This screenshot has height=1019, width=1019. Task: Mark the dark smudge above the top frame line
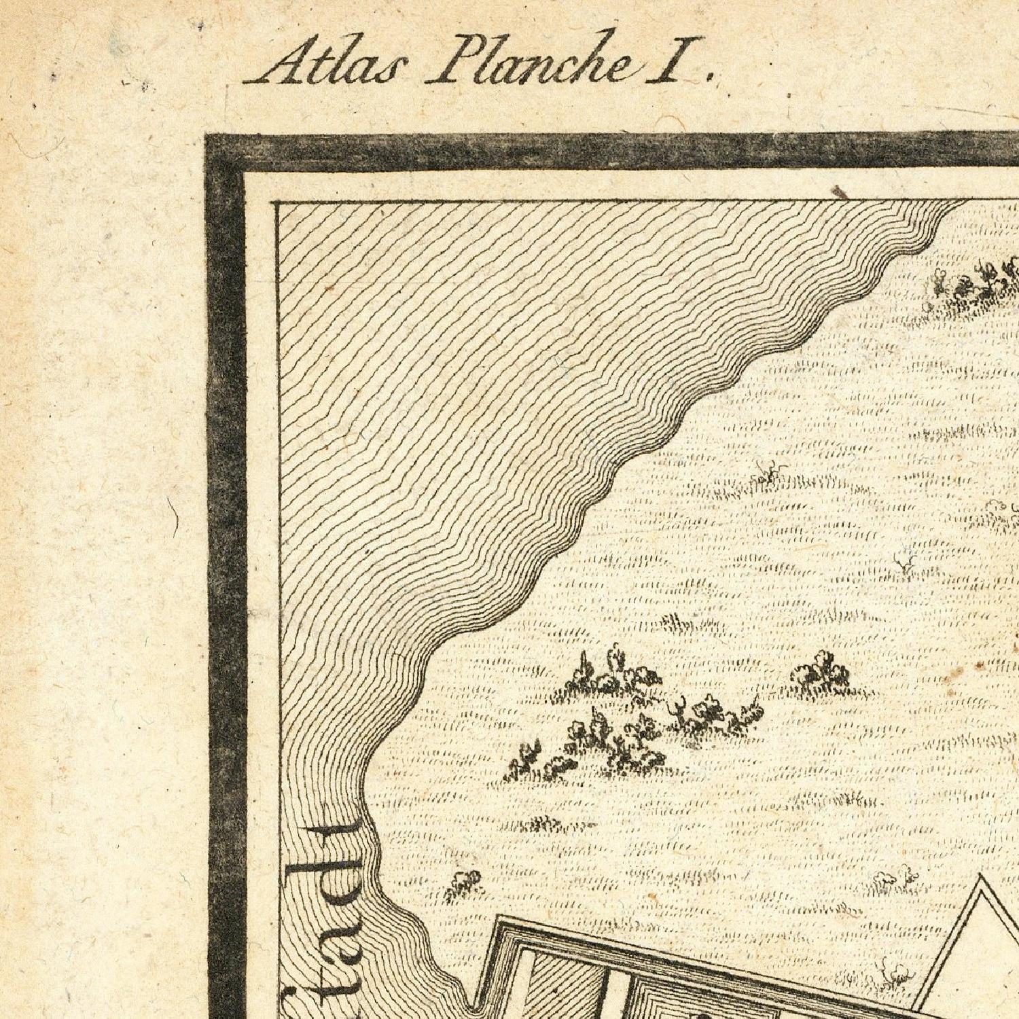[841, 194]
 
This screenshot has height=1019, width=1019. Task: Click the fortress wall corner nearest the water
[499, 919]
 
